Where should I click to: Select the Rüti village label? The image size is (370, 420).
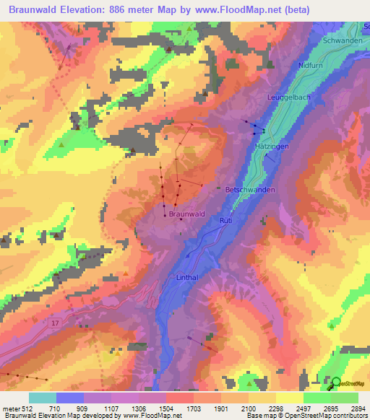coord(225,219)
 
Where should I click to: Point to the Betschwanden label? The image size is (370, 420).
coord(250,189)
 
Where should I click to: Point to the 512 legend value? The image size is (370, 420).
coord(27,409)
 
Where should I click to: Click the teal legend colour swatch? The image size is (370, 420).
coord(42,398)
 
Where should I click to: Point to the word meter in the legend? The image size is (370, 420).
coord(11,409)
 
